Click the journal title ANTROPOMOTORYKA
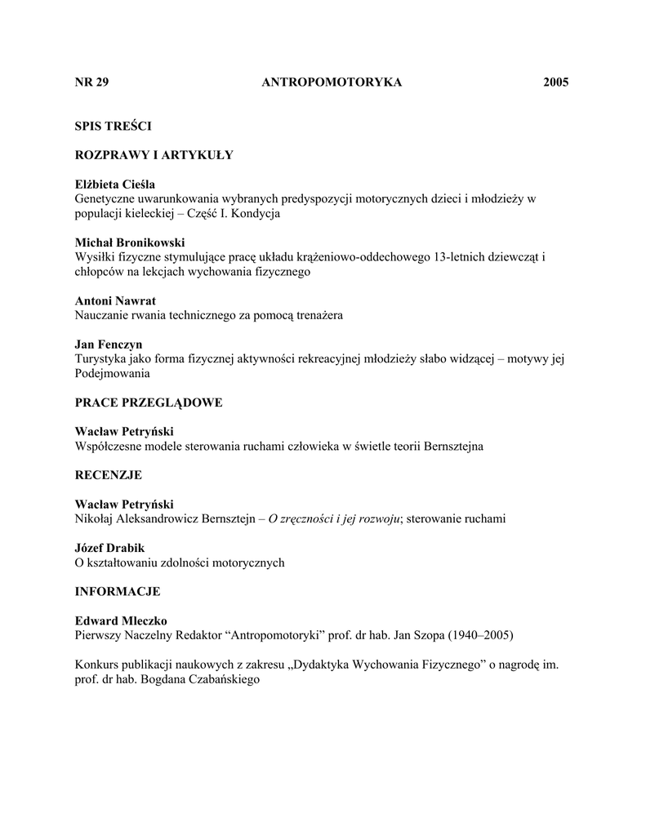tap(332, 82)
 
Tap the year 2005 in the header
tap(555, 82)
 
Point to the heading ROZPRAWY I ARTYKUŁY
tap(154, 155)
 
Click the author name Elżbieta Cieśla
tap(115, 185)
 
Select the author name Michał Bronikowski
tap(130, 242)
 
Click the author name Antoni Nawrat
tap(115, 301)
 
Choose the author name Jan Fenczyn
tap(109, 345)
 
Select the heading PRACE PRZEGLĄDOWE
tap(149, 402)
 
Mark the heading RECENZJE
tap(109, 474)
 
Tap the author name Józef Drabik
tap(111, 548)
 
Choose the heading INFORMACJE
tap(118, 591)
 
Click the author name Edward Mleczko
tap(121, 620)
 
